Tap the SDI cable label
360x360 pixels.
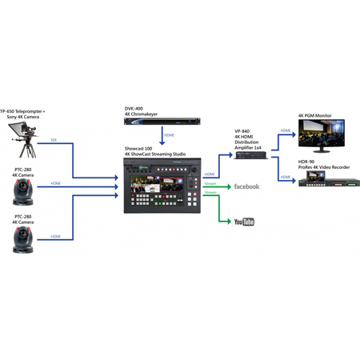[54, 140]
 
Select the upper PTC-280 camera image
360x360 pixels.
[22, 190]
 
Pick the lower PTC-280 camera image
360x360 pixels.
[22, 237]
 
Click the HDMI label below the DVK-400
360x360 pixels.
[169, 135]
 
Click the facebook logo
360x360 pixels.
[246, 186]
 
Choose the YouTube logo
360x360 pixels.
[243, 221]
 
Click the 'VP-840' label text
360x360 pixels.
[242, 130]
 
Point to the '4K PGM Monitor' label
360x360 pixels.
[315, 116]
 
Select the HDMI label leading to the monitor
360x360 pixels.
[286, 130]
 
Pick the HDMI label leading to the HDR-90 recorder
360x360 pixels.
[286, 177]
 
